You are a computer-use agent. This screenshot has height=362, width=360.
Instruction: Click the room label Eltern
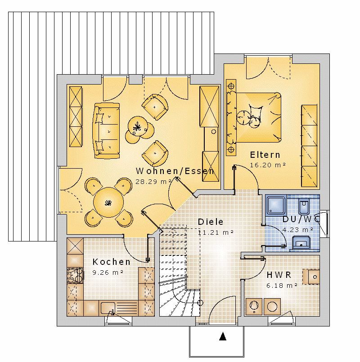265,155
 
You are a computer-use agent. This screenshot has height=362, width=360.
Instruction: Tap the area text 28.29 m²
153,182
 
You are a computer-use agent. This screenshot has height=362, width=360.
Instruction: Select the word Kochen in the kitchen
111,262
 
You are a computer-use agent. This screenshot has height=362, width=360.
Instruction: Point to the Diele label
211,222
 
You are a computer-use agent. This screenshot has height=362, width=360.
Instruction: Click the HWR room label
279,275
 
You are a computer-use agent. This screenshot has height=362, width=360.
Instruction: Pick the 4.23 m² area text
297,230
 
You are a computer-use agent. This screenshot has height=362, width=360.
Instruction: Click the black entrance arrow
223,336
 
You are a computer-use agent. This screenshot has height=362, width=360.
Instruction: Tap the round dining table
108,202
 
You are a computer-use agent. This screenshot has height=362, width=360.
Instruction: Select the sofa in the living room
106,131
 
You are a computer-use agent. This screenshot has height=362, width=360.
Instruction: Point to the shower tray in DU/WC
276,205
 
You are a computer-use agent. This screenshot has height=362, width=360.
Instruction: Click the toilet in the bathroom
304,206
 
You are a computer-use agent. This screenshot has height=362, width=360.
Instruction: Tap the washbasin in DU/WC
301,243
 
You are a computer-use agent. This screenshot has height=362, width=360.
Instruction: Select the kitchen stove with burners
75,275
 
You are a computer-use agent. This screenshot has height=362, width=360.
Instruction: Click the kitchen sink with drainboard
118,308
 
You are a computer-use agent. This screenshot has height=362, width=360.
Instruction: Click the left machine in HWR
254,307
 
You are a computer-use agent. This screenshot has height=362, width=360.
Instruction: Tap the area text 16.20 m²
268,165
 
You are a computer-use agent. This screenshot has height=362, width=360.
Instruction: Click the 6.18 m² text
282,286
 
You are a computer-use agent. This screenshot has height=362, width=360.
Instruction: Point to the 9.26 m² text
108,273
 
